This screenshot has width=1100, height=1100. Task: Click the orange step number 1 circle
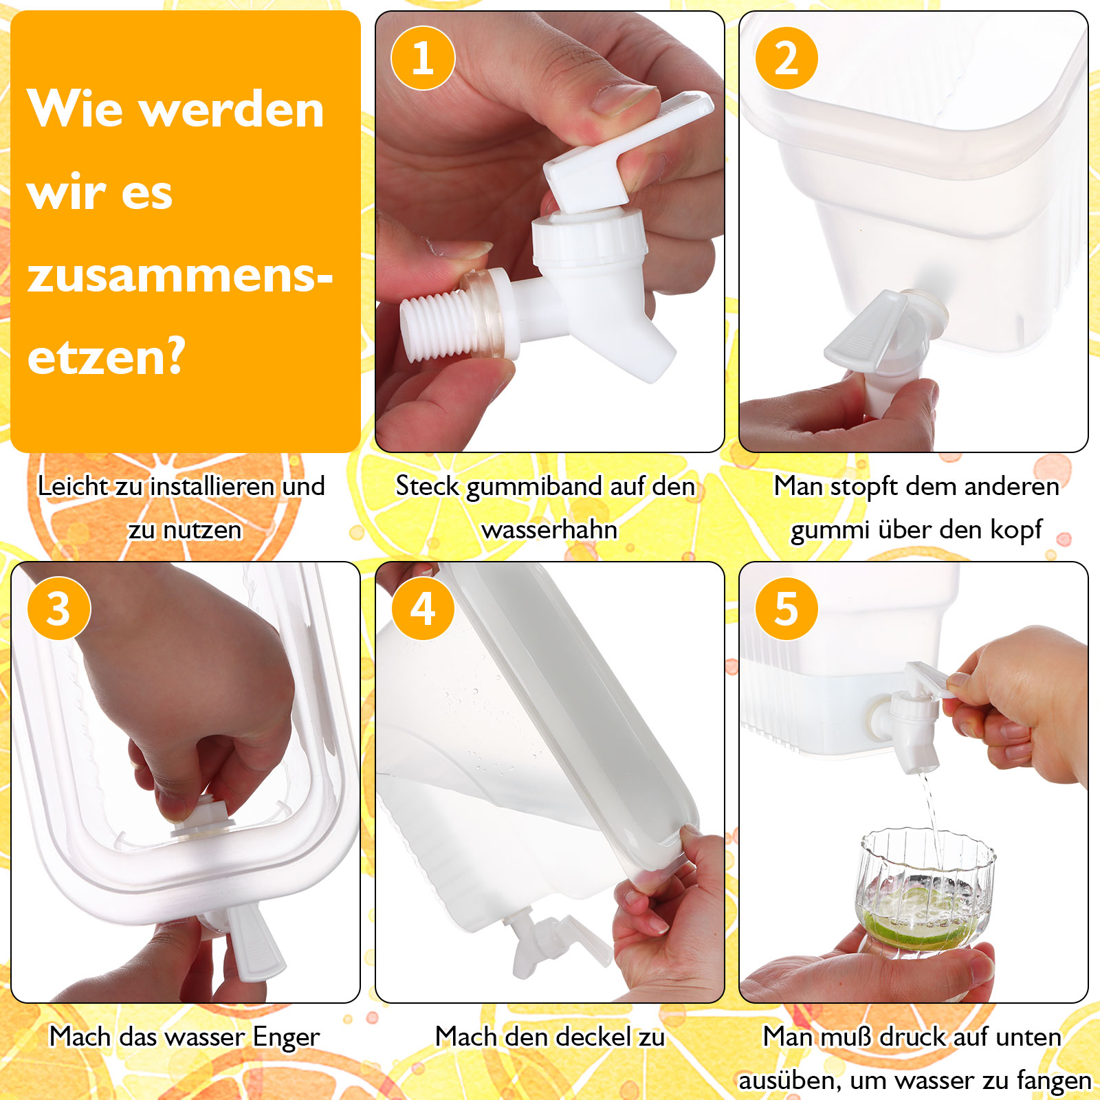[x=423, y=58]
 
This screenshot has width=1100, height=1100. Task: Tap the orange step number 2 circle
[x=786, y=58]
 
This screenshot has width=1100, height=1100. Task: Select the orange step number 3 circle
[x=59, y=608]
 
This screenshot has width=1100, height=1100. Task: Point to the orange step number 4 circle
[x=423, y=608]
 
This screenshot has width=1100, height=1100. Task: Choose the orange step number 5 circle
[x=786, y=608]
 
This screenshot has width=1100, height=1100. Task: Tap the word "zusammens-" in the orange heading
[x=180, y=276]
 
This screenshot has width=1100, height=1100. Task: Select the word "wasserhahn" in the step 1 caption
[x=550, y=530]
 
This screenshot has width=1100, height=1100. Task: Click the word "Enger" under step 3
[x=286, y=1037]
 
